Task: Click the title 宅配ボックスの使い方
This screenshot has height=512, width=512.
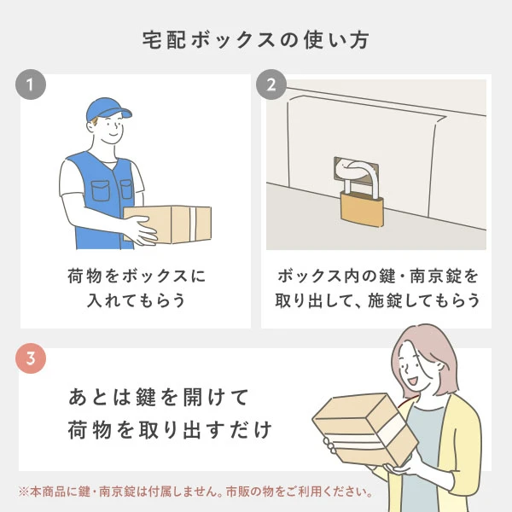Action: [255, 40]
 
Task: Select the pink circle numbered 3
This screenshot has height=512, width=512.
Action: [31, 359]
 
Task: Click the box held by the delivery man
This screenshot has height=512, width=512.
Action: [171, 224]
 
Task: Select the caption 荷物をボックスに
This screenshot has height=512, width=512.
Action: [136, 277]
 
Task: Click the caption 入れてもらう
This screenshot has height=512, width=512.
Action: [136, 302]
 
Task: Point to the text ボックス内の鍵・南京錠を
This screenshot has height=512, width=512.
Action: [376, 277]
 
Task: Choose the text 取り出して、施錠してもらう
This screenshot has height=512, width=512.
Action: [376, 302]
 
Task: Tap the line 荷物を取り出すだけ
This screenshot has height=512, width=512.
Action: [170, 431]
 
